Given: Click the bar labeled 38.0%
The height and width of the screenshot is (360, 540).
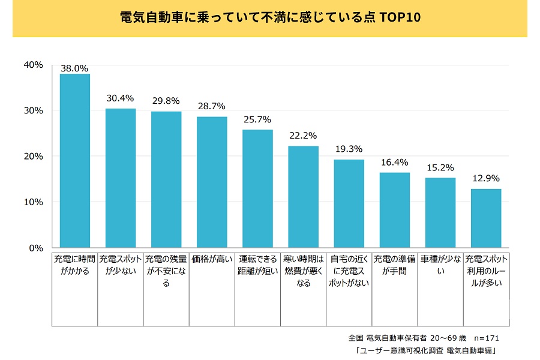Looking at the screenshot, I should pos(74,161).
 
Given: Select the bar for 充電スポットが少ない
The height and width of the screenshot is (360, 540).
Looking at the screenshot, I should pos(121,178).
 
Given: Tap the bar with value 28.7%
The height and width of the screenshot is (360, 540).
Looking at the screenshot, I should pos(212,182).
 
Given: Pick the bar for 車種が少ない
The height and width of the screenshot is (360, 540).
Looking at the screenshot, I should pos(440,212).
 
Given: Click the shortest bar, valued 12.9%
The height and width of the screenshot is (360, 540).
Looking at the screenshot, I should pos(485,218).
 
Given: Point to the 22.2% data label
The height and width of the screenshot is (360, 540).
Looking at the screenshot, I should pos(302,136).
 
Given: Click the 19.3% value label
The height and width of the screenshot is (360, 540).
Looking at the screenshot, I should pos(349,149).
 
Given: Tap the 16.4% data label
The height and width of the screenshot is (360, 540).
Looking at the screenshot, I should pos(394,162).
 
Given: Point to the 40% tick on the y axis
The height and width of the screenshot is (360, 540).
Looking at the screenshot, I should pos(33,65).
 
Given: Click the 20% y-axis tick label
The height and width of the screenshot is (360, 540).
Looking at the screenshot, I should pos(33,156).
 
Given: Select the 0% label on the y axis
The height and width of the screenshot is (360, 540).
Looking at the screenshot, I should pos(36,248).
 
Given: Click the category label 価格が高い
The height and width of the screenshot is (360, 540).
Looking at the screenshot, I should pos(212,260).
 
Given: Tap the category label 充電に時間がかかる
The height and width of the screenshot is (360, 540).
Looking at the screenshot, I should pos(74,265).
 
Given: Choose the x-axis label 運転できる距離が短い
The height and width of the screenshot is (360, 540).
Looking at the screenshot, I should pos(257,265).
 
